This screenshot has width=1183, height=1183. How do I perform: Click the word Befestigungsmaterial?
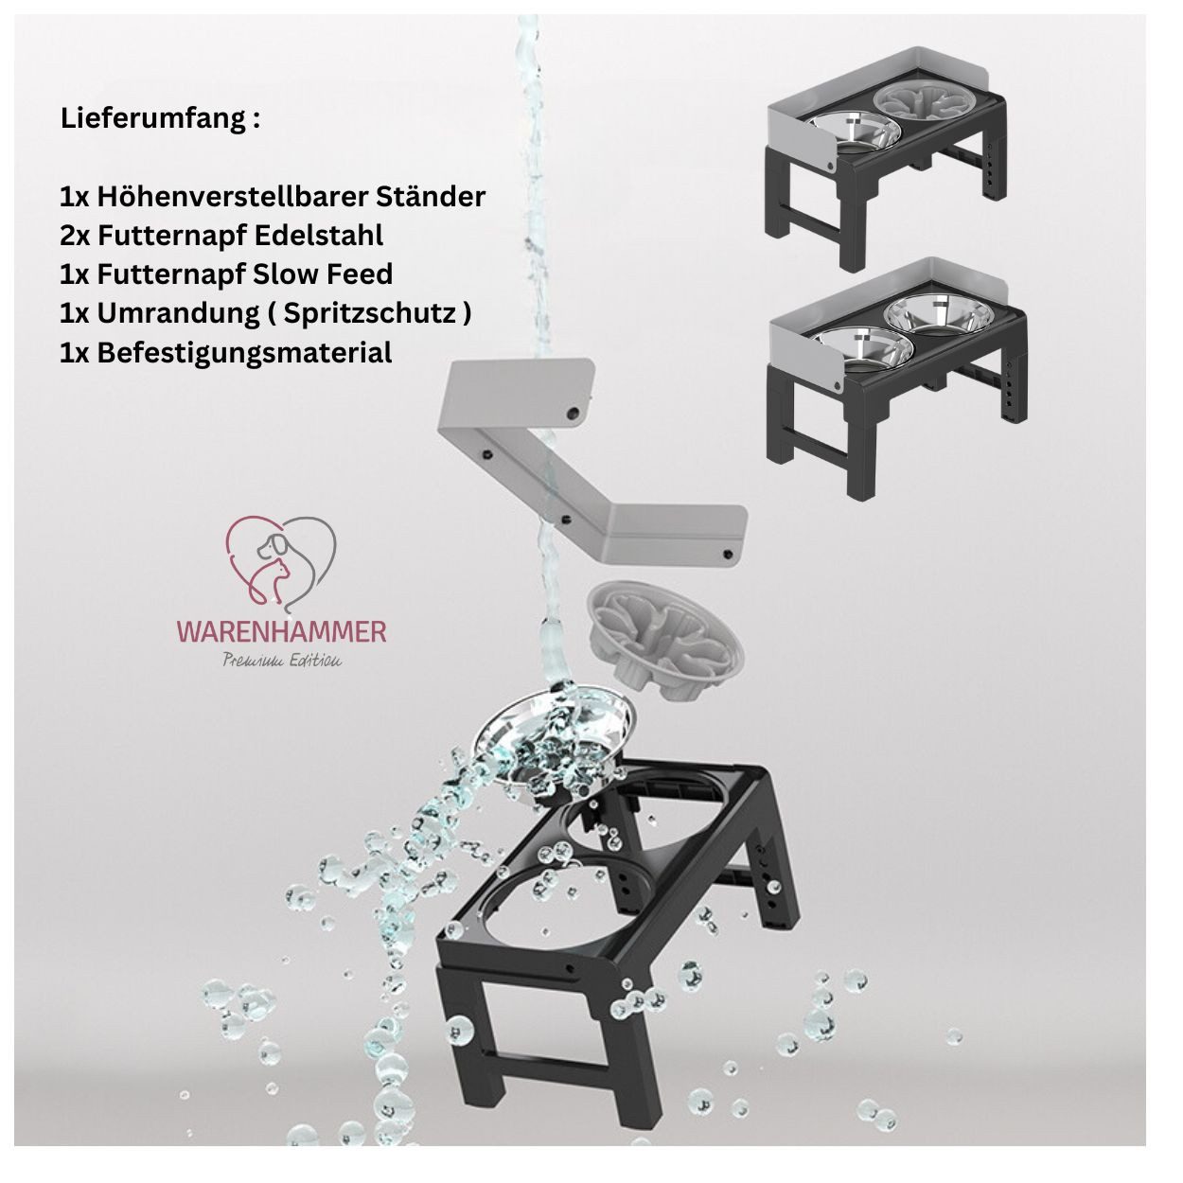244,353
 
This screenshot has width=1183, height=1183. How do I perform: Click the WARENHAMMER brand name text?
281,631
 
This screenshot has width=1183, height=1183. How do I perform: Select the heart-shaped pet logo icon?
281,560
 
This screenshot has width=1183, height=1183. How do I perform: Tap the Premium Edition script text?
281,661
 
